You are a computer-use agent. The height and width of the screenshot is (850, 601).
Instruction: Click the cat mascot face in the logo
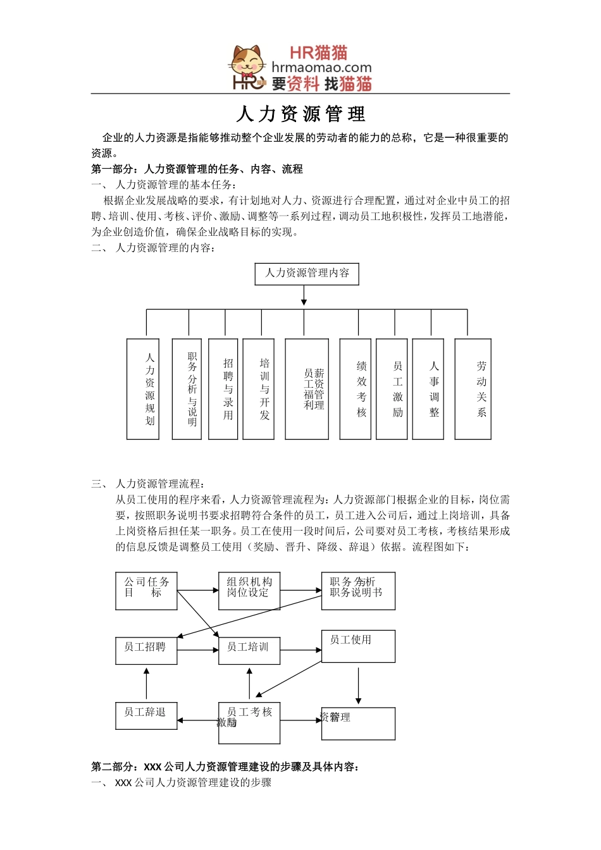coord(247,61)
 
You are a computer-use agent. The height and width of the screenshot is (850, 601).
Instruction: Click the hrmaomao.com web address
coord(321,67)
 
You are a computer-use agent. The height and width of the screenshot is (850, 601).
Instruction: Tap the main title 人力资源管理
coord(300,114)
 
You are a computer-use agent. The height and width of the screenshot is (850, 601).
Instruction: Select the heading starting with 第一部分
coord(197,169)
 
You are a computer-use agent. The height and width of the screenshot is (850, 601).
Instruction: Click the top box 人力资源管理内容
coord(307,273)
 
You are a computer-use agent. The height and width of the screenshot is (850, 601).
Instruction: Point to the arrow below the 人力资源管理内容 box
coord(304,296)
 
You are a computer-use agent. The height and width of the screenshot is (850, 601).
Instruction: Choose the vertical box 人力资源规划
coord(150,389)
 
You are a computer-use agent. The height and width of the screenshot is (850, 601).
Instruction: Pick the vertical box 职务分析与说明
coord(192,389)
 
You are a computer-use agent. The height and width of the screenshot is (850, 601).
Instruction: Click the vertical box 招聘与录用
coord(228,389)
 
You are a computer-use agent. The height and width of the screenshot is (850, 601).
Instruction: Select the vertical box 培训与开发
coord(264,389)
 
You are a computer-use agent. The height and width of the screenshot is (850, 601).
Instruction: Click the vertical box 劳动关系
coord(481,389)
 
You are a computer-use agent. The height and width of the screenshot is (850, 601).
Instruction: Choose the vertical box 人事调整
coord(434,389)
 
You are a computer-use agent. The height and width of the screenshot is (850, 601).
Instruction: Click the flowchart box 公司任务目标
coord(146,591)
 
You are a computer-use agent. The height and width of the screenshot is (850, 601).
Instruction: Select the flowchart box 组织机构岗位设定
coord(249,591)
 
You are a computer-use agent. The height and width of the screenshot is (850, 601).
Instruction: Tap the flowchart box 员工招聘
coord(146,651)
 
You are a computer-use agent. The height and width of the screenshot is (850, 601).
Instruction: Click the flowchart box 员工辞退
coord(146,716)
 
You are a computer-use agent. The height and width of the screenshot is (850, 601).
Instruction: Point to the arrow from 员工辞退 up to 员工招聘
coord(146,684)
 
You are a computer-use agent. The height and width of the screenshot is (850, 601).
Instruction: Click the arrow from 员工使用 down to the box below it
coord(359,684)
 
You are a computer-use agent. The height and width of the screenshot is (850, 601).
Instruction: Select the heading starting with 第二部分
coord(225,767)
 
